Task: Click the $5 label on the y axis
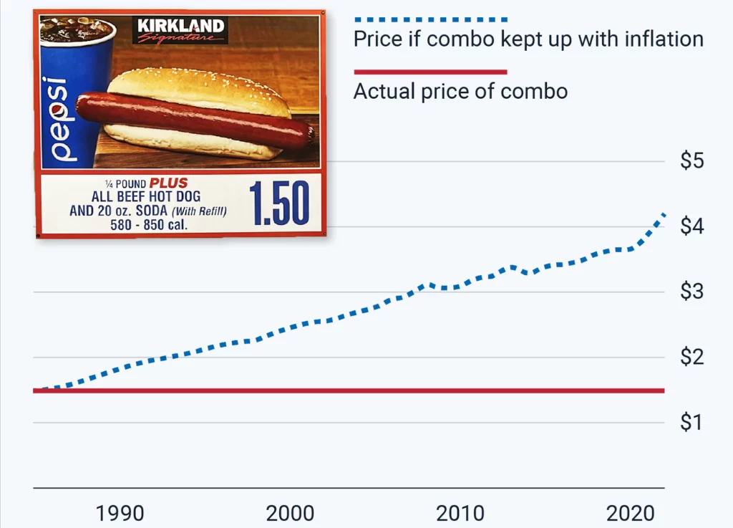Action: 692,160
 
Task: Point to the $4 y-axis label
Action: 692,226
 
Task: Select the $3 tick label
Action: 692,292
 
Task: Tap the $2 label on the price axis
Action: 692,357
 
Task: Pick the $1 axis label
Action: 692,422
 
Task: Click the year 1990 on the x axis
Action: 120,513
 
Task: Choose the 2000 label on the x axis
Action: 290,513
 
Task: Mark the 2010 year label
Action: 460,513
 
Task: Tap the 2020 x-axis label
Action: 631,513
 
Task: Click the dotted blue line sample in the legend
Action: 430,18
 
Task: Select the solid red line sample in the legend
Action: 430,72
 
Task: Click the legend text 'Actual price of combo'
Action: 460,92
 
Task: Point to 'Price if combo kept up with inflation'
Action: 528,39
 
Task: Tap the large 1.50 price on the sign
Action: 279,203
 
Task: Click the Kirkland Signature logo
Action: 180,30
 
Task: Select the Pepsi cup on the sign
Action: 68,93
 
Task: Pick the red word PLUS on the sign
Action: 168,183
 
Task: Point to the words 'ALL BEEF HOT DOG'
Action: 146,196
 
